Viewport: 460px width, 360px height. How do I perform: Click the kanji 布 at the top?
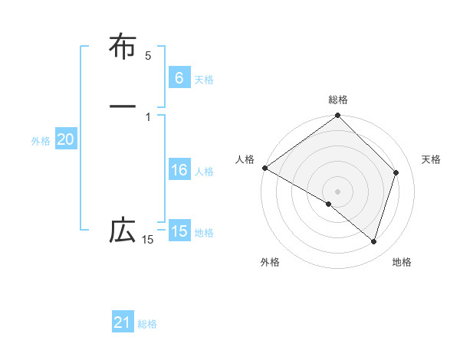(123, 47)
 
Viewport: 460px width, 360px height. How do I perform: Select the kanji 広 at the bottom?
(123, 231)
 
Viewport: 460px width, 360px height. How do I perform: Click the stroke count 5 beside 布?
(148, 56)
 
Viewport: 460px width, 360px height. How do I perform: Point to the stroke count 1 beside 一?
(148, 116)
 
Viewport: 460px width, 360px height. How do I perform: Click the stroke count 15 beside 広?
(147, 241)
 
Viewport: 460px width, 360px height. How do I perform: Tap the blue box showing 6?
(179, 78)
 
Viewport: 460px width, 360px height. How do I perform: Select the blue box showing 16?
(179, 170)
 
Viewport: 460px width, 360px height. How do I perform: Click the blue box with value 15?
(179, 231)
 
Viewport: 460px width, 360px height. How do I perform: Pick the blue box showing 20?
(65, 139)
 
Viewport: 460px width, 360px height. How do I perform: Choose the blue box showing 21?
(123, 323)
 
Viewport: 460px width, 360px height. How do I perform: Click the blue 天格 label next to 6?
(204, 80)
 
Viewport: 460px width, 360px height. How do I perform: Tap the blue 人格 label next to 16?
(204, 172)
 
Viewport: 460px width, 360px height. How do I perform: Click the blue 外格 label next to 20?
(41, 141)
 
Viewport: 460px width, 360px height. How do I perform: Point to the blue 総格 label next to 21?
(147, 325)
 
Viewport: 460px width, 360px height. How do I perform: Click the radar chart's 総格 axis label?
(338, 100)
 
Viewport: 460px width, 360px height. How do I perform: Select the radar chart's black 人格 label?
(245, 159)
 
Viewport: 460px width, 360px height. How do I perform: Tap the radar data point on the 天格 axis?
(396, 172)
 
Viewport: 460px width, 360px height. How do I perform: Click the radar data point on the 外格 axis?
(329, 204)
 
